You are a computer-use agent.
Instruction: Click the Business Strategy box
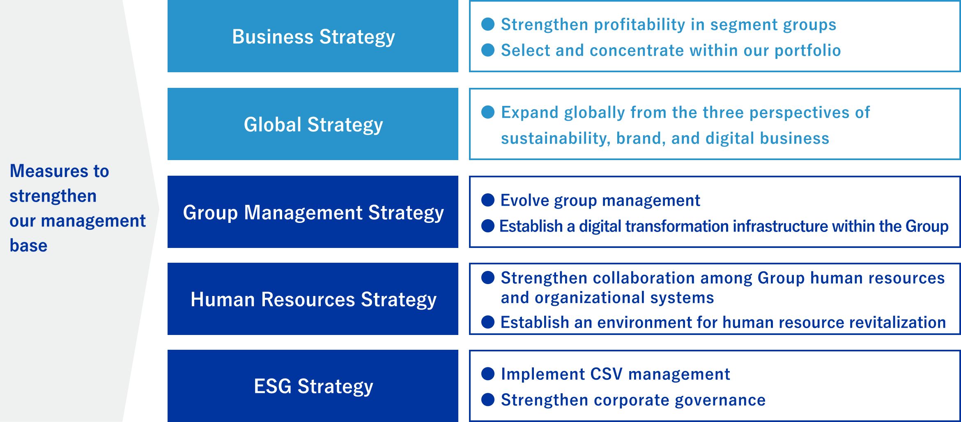coord(313,36)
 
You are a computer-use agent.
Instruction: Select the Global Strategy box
coord(313,124)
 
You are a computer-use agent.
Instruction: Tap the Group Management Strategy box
coord(313,212)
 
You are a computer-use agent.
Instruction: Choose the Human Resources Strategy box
coord(313,299)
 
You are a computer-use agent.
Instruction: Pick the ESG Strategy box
coord(313,386)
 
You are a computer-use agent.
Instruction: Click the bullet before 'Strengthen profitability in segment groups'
coord(487,24)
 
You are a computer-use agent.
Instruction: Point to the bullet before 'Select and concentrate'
coord(487,50)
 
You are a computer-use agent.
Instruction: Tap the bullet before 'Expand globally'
coord(487,112)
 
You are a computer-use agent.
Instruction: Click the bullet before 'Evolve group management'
coord(487,200)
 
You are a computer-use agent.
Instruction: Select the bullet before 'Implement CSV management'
coord(487,374)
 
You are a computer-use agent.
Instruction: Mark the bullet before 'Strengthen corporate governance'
coord(487,399)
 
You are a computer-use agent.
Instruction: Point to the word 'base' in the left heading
coord(28,245)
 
